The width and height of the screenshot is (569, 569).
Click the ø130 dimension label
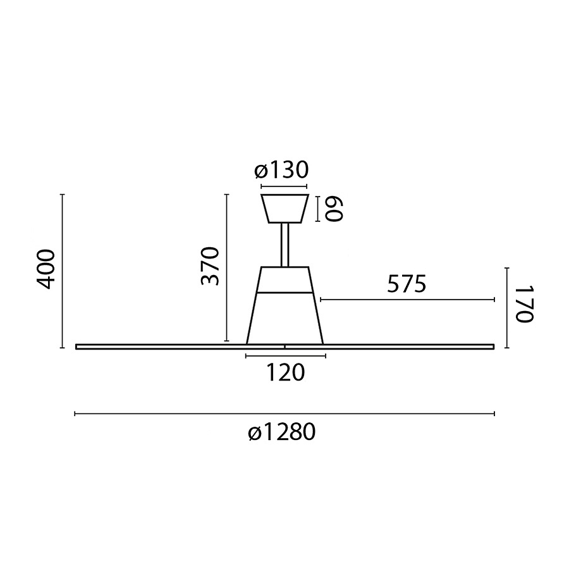282,171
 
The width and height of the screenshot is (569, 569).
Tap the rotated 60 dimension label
333,209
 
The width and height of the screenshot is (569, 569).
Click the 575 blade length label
407,285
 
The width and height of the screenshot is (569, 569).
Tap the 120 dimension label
284,373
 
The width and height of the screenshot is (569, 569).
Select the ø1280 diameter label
281,434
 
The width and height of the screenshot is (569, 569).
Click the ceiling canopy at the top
284,209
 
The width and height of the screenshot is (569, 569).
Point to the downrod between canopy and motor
285,245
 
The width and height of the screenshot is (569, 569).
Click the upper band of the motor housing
285,280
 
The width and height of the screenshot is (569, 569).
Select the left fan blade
158,346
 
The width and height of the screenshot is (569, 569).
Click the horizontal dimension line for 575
408,300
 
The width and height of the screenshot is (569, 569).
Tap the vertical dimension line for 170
508,308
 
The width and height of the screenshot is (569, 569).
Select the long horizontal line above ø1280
284,414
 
